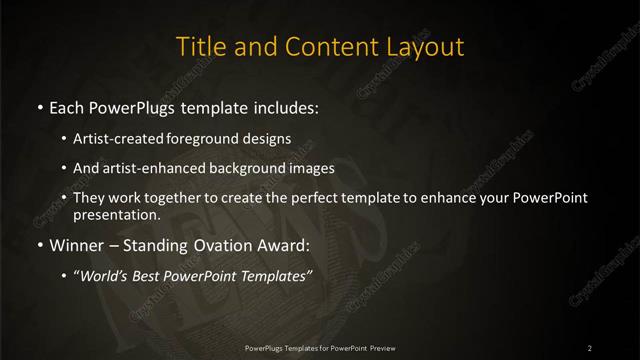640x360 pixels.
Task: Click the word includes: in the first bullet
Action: point(284,107)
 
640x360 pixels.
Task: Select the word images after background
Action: point(307,168)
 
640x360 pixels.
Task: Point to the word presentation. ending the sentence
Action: point(116,214)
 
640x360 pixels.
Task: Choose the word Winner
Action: point(76,244)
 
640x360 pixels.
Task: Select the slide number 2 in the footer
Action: point(589,348)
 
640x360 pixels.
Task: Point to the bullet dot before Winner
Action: point(39,245)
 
